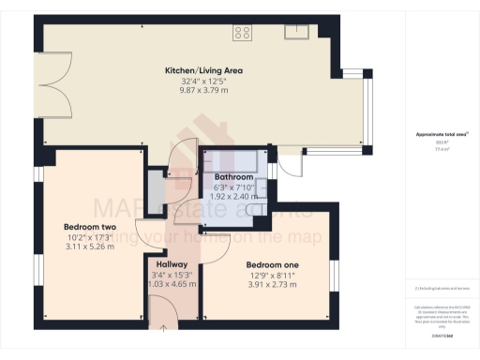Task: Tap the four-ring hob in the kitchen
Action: (242, 34)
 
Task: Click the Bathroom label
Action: (233, 176)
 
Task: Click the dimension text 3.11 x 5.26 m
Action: (89, 247)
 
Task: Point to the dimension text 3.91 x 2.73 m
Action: (272, 284)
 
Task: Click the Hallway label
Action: (172, 264)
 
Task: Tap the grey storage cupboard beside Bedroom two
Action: (153, 186)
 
